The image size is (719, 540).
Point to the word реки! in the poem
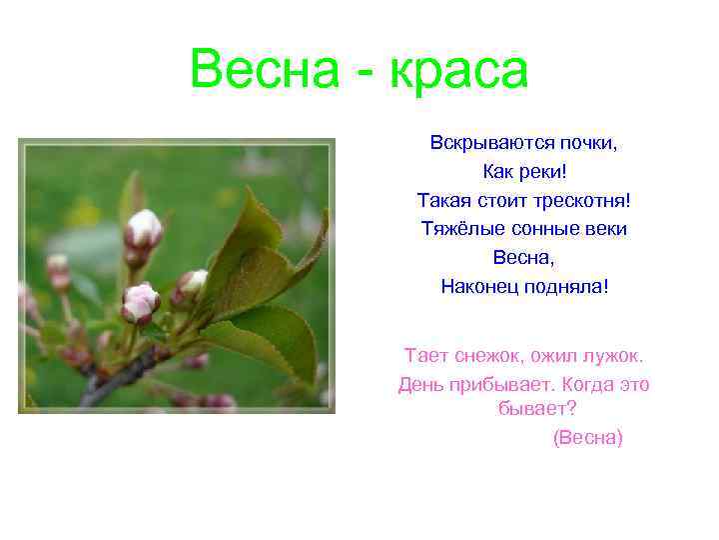click(x=544, y=172)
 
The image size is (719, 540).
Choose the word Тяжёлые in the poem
click(x=456, y=229)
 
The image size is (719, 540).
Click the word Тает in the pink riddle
click(x=423, y=355)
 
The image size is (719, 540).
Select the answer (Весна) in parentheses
click(x=587, y=437)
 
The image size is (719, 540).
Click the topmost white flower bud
click(x=145, y=228)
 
